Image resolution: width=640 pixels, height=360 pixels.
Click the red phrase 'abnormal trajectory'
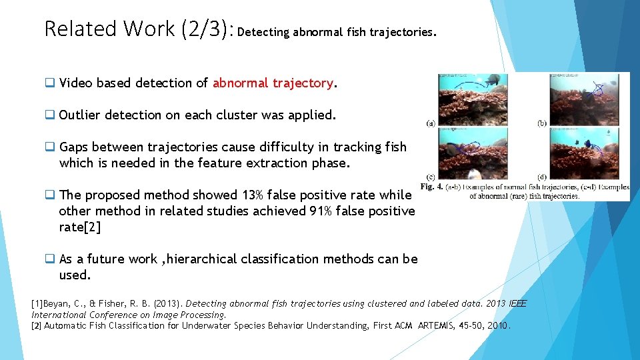pyautogui.click(x=272, y=83)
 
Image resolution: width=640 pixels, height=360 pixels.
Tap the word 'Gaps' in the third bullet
pyautogui.click(x=73, y=147)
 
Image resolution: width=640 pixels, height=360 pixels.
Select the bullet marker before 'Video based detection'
pyautogui.click(x=49, y=83)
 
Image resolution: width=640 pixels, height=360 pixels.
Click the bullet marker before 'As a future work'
pyautogui.click(x=49, y=259)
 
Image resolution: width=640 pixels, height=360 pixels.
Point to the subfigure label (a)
pyautogui.click(x=431, y=123)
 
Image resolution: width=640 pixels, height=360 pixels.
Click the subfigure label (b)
pyautogui.click(x=543, y=123)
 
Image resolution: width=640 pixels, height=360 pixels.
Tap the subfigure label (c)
pyautogui.click(x=431, y=177)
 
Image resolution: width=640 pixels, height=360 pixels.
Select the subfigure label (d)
pyautogui.click(x=543, y=177)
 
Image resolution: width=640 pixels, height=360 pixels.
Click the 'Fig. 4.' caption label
pyautogui.click(x=433, y=187)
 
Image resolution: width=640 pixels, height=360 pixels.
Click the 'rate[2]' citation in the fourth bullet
pyautogui.click(x=80, y=227)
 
